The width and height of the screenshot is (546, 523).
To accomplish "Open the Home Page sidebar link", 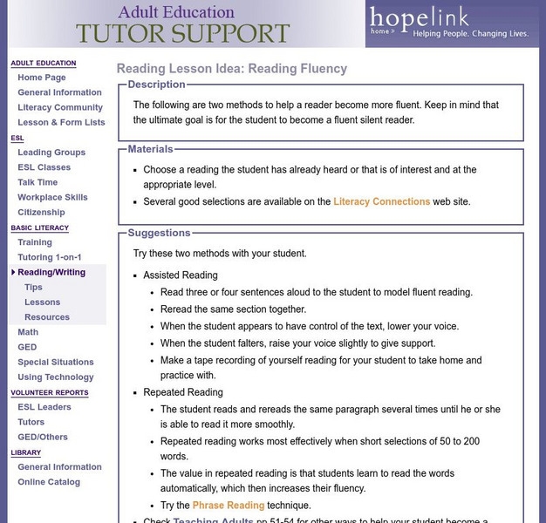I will [x=42, y=78].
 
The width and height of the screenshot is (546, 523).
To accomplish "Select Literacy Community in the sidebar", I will [x=60, y=107].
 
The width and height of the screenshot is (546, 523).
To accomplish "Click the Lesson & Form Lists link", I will [x=61, y=122].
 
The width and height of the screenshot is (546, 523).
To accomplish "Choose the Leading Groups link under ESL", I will [x=51, y=153].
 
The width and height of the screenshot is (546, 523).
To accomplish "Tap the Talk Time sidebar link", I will [x=38, y=182].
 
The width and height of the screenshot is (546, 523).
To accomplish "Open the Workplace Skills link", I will [x=52, y=197].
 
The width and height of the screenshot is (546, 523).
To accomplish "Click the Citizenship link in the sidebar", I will [x=41, y=212].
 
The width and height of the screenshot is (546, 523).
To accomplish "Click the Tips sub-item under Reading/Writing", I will [x=33, y=287].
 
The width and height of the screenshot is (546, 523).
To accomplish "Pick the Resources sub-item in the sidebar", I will [x=47, y=317].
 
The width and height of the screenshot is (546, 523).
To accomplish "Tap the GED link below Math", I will [x=28, y=347].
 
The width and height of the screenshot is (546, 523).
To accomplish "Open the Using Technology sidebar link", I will [x=56, y=377].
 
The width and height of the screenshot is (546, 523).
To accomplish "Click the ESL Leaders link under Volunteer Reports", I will [x=44, y=407].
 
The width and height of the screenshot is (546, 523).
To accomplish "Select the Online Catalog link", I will [x=49, y=482].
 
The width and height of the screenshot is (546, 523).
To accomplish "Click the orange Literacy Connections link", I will [x=381, y=201].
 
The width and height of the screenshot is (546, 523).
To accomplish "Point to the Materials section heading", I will [x=150, y=149].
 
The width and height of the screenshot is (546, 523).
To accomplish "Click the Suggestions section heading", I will [x=159, y=233].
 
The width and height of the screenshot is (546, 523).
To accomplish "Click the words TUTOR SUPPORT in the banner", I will [x=182, y=33].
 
